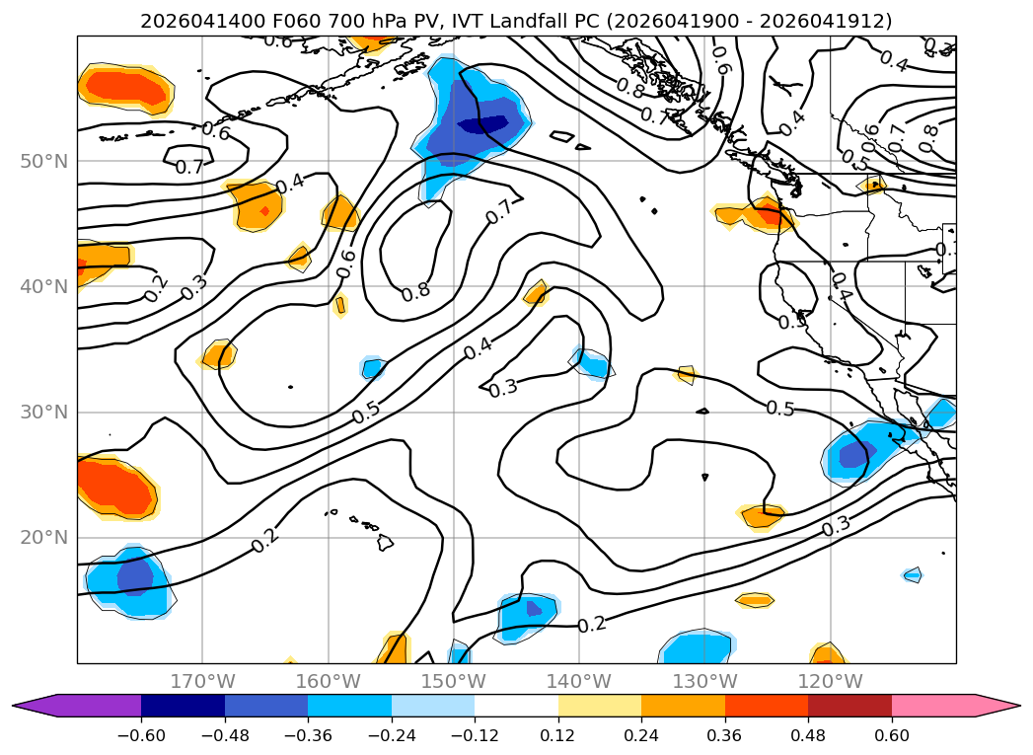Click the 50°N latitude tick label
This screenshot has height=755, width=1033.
point(44,162)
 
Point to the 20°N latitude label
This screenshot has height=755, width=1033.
point(44,538)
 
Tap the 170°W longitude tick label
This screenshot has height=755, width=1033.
point(203,681)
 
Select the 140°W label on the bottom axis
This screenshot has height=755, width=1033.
point(579,681)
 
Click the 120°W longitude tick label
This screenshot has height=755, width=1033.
point(830,681)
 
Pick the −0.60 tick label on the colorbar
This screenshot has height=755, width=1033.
point(141,735)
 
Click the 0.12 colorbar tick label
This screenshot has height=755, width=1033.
point(558,735)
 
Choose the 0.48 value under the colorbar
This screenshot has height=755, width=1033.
point(808,735)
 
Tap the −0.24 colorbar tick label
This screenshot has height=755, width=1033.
point(392,735)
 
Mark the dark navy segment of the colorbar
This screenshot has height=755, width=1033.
point(183,706)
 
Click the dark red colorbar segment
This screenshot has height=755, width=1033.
point(849,706)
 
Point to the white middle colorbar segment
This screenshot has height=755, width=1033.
point(517,706)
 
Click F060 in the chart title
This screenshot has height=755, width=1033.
point(297,21)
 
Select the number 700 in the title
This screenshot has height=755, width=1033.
point(342,21)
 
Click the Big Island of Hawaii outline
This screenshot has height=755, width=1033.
point(386,542)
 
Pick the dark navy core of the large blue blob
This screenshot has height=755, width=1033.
point(483,123)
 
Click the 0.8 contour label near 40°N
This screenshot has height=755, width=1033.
point(415,291)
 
